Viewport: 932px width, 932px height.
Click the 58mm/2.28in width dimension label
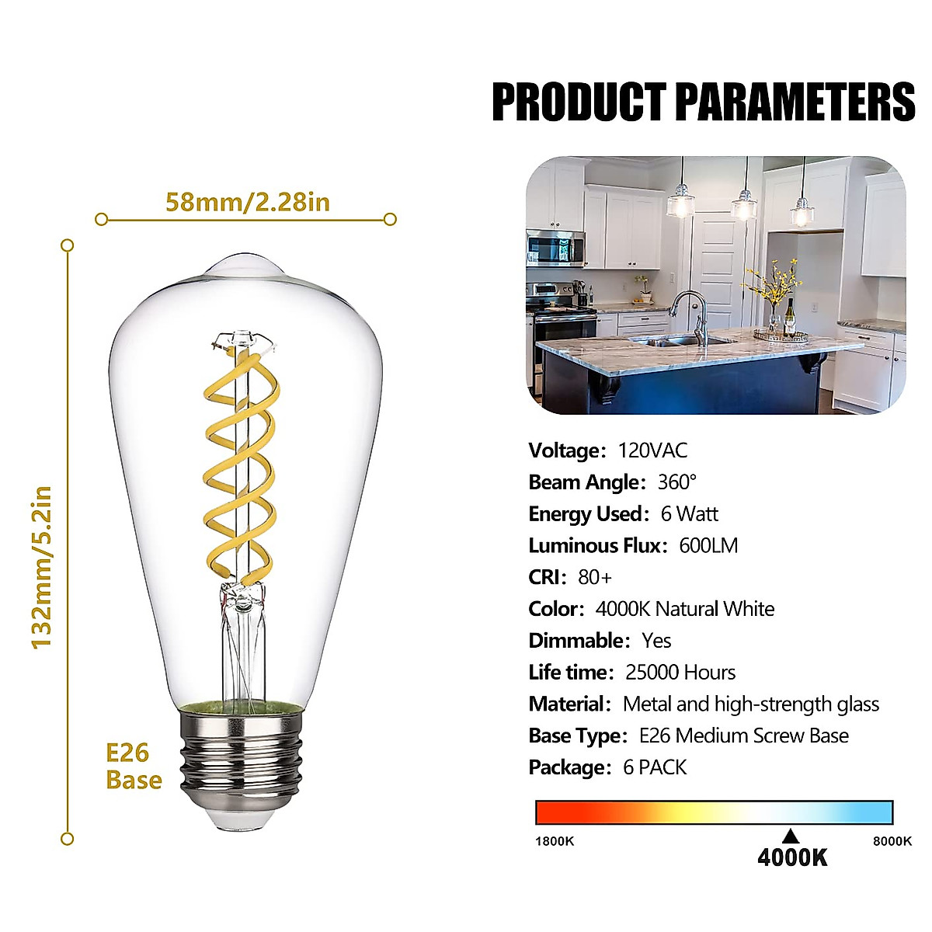click(x=248, y=202)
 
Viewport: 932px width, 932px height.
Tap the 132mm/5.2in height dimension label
click(x=42, y=568)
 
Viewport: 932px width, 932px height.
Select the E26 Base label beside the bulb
click(x=133, y=767)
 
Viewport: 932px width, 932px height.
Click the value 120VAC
click(x=652, y=450)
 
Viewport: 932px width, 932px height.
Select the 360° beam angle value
click(x=677, y=482)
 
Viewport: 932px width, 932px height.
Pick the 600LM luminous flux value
click(x=708, y=545)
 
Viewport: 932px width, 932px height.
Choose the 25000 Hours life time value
click(x=680, y=673)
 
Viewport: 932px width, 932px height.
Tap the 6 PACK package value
click(x=655, y=767)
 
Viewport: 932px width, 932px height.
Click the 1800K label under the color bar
click(x=555, y=841)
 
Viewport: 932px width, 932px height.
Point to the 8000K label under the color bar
click(x=892, y=841)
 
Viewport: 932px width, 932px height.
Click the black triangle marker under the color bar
click(x=791, y=836)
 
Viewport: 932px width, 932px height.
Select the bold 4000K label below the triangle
click(x=792, y=857)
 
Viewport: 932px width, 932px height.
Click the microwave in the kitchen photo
click(x=555, y=249)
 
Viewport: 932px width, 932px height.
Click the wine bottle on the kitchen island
click(x=790, y=316)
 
